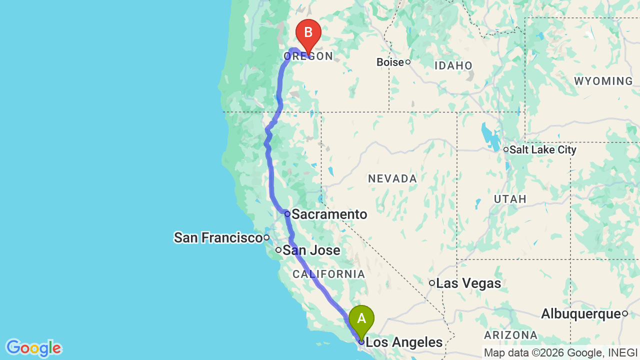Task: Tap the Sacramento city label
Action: coord(329,214)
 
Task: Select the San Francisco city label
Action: coord(218,237)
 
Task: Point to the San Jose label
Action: coord(311,250)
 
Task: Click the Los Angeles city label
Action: coord(404,342)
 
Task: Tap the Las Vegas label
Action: coord(468,283)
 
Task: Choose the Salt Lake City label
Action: coord(543,149)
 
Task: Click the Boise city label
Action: coord(390,62)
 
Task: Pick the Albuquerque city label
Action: coord(581,314)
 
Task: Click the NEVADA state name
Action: coord(392,178)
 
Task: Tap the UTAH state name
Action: coord(510,199)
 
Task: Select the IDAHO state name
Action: coord(453,65)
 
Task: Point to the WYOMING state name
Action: coord(603,81)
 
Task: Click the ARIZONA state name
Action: coord(510,335)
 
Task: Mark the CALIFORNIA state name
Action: coord(328,274)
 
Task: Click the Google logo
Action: coord(33,348)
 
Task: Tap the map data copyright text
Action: coord(561,353)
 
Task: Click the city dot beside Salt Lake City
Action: coord(506,149)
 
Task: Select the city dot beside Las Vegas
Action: coord(432,283)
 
